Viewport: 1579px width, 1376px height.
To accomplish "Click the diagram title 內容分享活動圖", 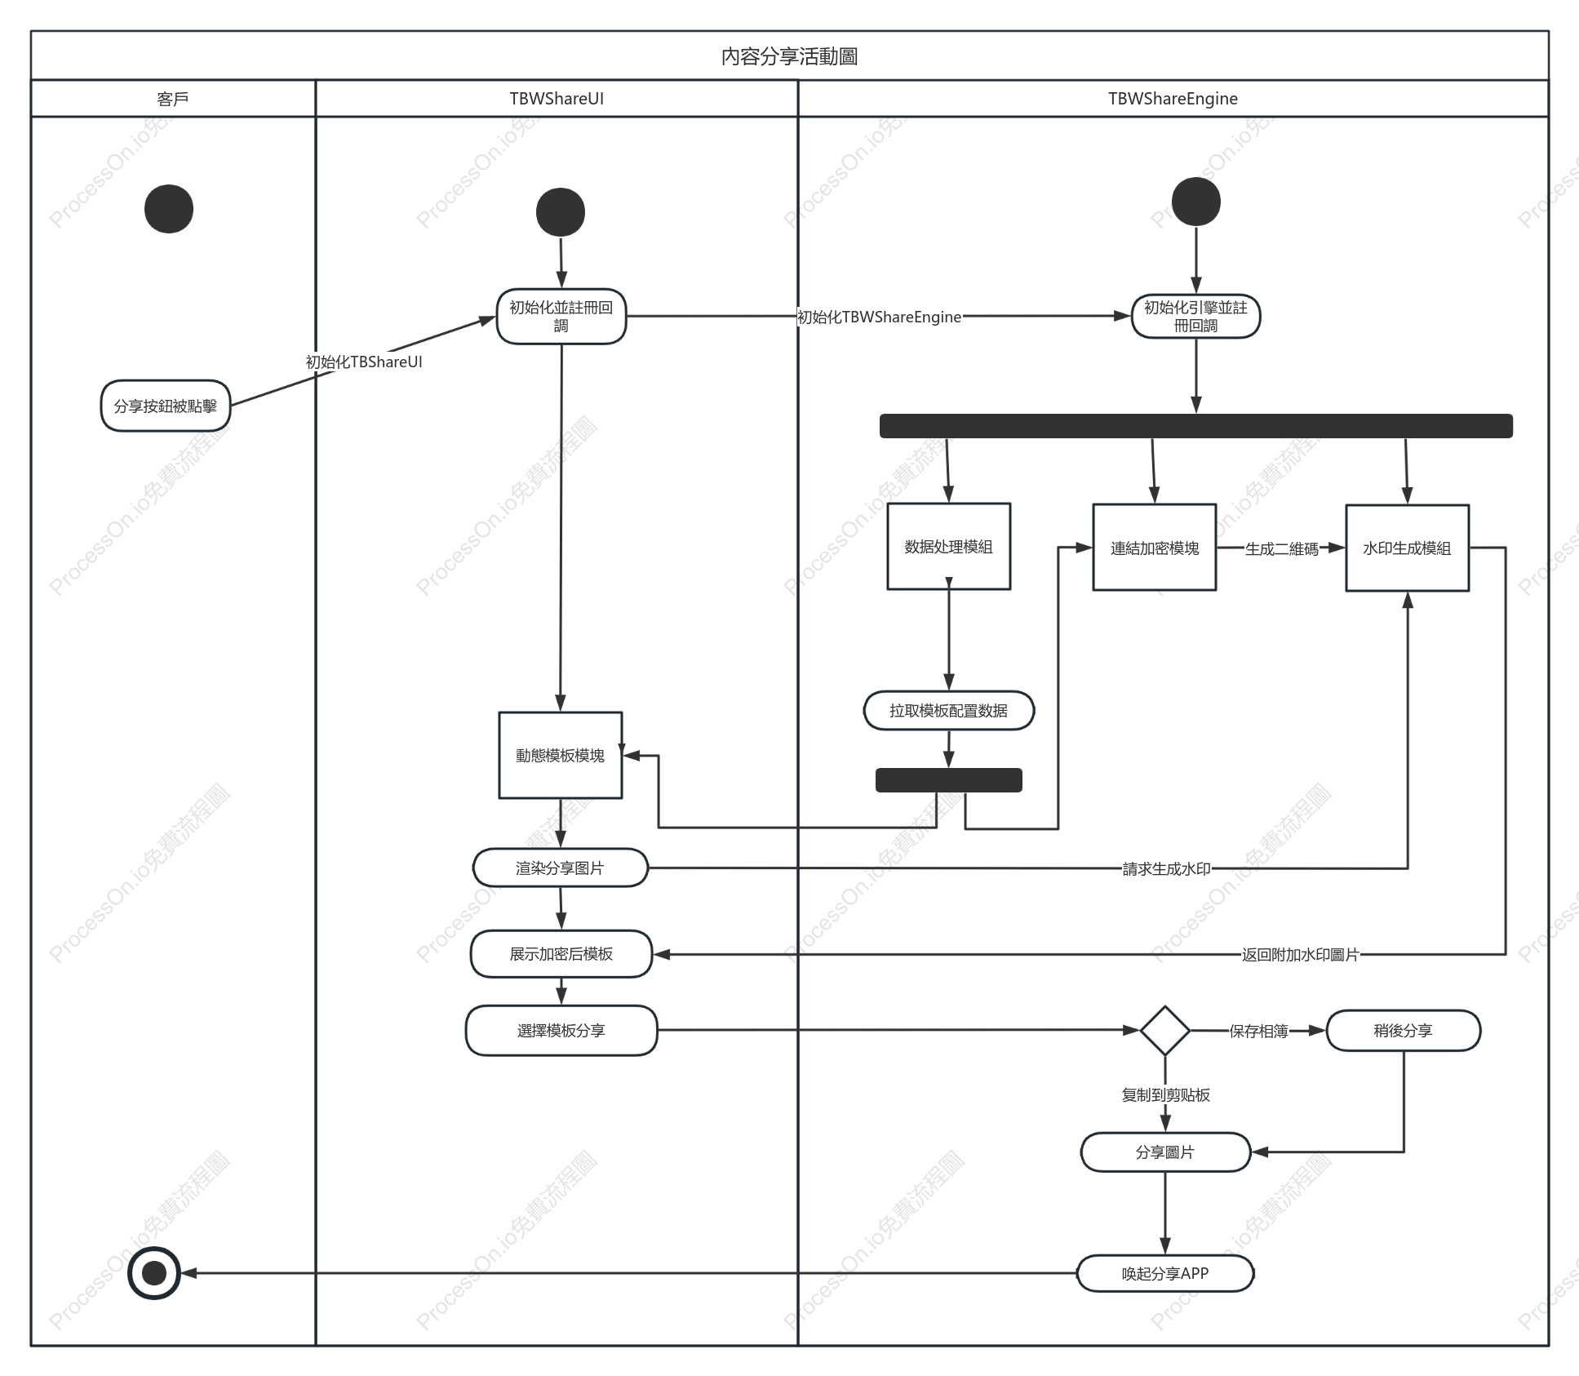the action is point(789,56).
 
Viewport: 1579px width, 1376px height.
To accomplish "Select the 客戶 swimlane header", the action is point(173,99).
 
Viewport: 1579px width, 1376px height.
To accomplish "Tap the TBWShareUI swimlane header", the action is point(557,99).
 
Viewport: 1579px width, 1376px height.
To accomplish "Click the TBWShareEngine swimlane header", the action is point(1173,99).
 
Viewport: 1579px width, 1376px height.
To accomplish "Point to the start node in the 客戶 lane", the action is point(169,209).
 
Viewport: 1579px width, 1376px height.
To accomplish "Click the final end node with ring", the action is point(154,1272).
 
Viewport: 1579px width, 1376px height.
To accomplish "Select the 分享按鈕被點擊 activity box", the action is point(166,406).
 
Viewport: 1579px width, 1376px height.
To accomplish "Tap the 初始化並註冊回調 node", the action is point(561,317).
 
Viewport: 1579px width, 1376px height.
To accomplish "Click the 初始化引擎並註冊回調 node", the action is point(1195,317).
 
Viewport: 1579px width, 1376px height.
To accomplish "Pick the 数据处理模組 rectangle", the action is point(949,546).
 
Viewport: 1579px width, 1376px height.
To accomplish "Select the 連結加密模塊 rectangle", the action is point(1155,548).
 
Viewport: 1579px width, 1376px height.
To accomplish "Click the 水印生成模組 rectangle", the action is point(1408,548).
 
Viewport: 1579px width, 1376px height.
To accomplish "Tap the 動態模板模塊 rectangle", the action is point(561,755).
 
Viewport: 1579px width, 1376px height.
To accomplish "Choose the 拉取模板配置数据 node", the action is point(949,710).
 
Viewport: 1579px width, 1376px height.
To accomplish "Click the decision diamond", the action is point(1164,1030).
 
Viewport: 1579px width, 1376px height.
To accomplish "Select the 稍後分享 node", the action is point(1404,1030).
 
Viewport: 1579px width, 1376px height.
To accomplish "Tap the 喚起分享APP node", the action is point(1165,1273).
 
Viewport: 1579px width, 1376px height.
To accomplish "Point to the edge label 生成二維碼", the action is point(1282,549).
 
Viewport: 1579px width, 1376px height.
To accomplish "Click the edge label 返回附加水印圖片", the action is point(1301,954).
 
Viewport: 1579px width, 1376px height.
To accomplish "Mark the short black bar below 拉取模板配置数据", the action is point(949,780).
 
